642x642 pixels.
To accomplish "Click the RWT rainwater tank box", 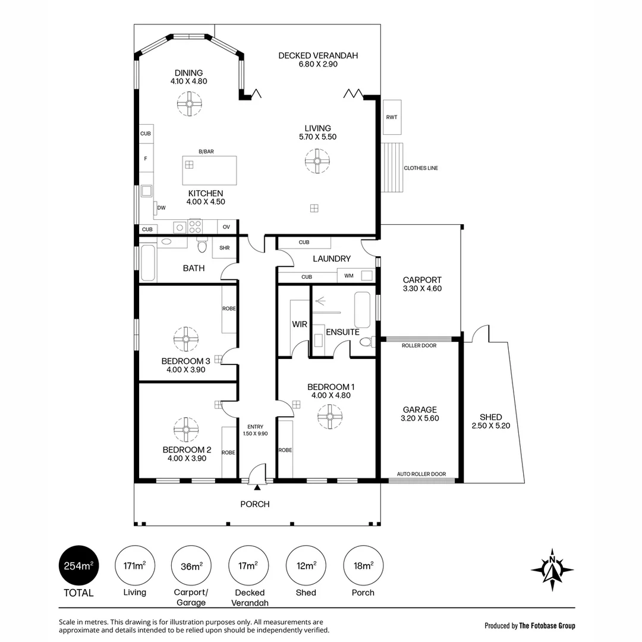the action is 392,117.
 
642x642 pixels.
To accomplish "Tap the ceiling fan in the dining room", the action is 189,103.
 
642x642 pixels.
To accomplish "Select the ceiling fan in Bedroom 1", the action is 329,417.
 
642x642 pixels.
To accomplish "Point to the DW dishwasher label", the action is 161,208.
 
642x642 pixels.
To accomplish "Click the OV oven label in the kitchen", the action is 226,227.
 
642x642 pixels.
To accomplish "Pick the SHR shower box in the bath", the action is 224,247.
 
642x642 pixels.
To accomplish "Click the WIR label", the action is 299,325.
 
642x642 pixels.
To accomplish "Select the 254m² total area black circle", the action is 78,565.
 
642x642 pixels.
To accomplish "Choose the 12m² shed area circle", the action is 306,565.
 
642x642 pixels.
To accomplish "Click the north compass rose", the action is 552,569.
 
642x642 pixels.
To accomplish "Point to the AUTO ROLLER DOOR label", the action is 421,474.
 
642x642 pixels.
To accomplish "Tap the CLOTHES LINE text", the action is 421,168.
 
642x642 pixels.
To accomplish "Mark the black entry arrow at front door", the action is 257,487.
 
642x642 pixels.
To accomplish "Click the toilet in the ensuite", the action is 368,341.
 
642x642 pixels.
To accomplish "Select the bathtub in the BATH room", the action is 148,263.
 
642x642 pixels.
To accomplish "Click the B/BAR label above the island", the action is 206,152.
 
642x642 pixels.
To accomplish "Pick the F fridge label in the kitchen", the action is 146,159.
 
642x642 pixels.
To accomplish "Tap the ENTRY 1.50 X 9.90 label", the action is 255,430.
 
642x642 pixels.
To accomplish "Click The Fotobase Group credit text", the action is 547,625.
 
